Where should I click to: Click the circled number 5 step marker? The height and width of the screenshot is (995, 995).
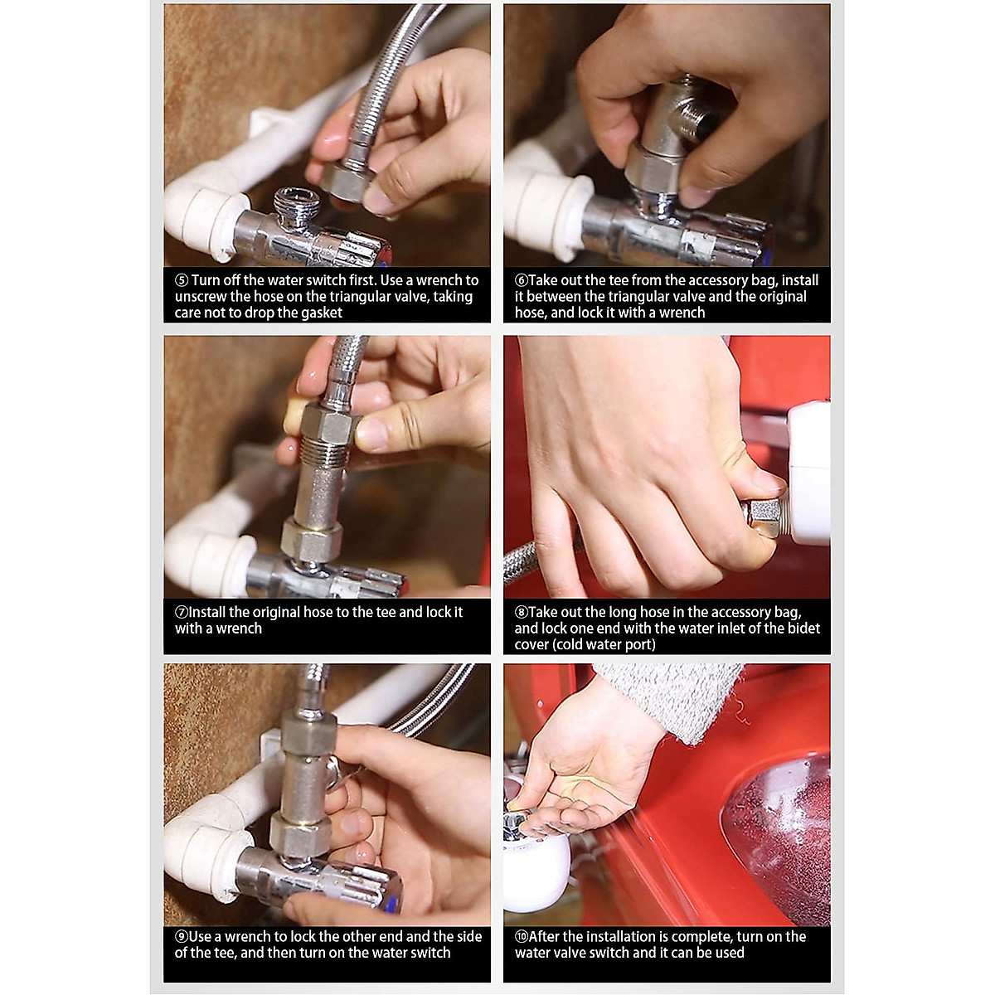[182, 280]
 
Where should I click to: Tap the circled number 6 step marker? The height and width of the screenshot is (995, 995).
[521, 280]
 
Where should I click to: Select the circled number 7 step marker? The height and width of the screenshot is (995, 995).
[182, 613]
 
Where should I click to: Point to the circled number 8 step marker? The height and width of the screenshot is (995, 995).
[521, 613]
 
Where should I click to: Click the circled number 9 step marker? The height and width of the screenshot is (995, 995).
[182, 937]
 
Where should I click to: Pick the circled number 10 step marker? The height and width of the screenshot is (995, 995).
[521, 937]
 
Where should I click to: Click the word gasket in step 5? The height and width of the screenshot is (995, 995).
[318, 313]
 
